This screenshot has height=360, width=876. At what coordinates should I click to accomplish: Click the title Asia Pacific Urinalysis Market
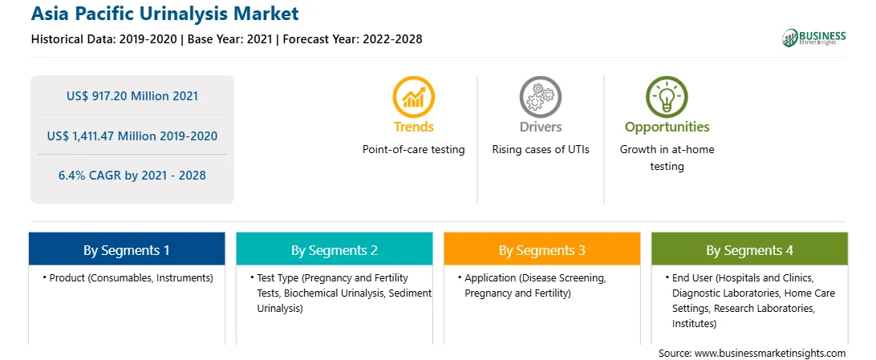click(164, 14)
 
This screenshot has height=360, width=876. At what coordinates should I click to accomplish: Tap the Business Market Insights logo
click(814, 38)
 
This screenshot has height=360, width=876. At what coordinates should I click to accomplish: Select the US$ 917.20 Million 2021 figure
click(132, 96)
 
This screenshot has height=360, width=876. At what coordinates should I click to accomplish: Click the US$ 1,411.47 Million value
click(132, 136)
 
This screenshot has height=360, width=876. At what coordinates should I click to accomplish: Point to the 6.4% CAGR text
click(132, 176)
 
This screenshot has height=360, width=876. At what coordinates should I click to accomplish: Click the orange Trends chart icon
click(414, 96)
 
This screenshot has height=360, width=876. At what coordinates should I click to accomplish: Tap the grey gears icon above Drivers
click(540, 96)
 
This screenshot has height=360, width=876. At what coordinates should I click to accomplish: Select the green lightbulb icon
click(667, 96)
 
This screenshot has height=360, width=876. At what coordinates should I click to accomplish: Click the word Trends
click(414, 127)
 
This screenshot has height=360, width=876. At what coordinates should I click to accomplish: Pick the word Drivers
click(540, 127)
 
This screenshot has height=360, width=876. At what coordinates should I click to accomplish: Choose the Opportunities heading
click(667, 127)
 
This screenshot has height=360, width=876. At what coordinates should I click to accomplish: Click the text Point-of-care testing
click(414, 150)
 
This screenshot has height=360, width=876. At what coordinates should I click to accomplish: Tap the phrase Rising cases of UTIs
click(540, 150)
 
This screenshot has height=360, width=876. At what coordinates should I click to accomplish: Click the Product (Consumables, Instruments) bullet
click(128, 278)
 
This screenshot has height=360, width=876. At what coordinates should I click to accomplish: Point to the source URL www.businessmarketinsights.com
click(770, 353)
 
